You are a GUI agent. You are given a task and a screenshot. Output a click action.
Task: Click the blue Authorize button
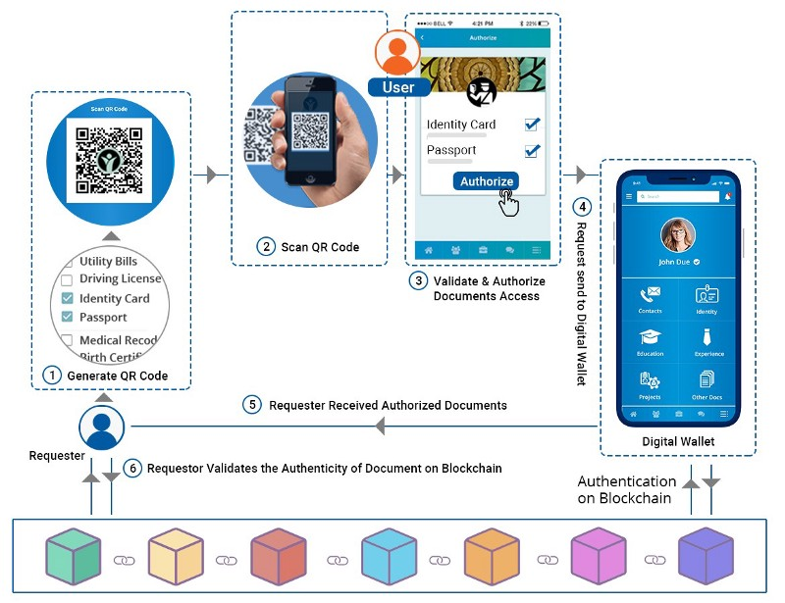coord(487,181)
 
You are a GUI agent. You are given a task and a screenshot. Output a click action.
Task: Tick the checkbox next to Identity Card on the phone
coord(532,125)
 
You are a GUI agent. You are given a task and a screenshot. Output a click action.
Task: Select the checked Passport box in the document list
coord(67,317)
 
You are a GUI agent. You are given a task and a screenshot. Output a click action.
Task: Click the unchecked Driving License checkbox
coord(67,279)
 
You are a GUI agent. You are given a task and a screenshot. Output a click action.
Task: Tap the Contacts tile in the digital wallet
coord(650,298)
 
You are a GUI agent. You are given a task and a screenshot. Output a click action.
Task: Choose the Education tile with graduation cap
coord(650,340)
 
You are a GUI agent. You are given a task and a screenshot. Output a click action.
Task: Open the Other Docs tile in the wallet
coord(706,383)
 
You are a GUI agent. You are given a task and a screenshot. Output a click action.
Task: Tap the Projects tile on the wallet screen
coord(650,383)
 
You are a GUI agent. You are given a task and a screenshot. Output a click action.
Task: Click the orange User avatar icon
coord(397,53)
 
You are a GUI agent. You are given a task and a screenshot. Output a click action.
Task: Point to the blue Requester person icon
coord(101,427)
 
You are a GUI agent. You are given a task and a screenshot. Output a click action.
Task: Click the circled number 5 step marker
coord(253,405)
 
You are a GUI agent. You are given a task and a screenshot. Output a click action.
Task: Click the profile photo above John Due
coord(678,234)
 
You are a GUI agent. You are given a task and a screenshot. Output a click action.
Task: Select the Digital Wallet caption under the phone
coord(678,442)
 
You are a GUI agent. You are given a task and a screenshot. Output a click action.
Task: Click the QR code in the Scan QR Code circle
coord(110,156)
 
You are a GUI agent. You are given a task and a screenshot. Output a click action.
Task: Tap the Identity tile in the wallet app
coord(706,298)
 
